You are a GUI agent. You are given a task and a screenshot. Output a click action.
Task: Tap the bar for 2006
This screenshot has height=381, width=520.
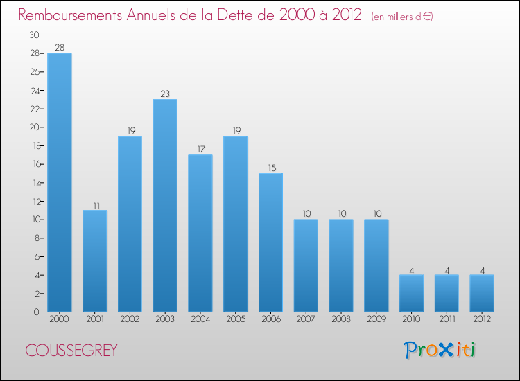tap(270, 242)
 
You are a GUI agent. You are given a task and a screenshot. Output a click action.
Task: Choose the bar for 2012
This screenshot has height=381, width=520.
tap(482, 293)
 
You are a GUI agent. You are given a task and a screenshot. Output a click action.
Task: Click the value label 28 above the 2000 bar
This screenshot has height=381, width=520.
tap(60, 48)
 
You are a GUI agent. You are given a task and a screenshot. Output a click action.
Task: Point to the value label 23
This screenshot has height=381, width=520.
tap(165, 94)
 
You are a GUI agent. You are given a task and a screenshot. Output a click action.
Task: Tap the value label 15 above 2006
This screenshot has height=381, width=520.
tap(270, 168)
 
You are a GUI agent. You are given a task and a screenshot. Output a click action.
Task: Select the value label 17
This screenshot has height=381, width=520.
tap(200, 149)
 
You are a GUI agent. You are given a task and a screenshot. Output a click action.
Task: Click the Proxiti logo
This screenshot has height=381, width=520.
tap(440, 350)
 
